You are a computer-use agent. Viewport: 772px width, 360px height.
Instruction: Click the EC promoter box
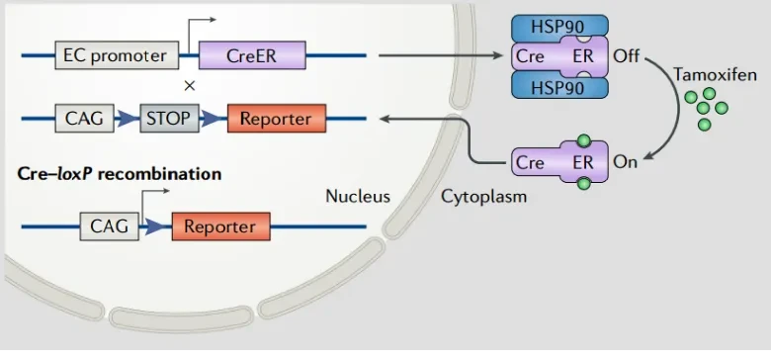[x=115, y=56]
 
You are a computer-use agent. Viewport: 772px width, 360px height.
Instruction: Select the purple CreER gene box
[x=251, y=56]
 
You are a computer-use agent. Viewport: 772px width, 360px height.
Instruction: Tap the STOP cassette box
[x=169, y=120]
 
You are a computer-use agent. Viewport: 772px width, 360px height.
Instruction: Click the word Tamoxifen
[x=715, y=74]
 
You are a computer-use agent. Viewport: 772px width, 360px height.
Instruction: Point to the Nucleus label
[x=358, y=196]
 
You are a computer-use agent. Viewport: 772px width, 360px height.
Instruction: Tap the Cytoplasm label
[x=483, y=196]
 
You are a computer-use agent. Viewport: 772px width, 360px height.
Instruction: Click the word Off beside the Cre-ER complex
[x=627, y=56]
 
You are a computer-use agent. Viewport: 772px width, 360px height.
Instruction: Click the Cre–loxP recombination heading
[x=119, y=174]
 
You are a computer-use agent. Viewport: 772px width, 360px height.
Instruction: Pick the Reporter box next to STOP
[x=277, y=120]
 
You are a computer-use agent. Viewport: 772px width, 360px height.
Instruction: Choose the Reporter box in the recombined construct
[x=220, y=226]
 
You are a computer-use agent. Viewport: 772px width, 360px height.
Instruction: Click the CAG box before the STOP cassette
[x=84, y=120]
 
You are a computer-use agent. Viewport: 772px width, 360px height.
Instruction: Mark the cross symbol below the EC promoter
[x=189, y=86]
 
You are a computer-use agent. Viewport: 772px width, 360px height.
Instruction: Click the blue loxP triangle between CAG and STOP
[x=125, y=120]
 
